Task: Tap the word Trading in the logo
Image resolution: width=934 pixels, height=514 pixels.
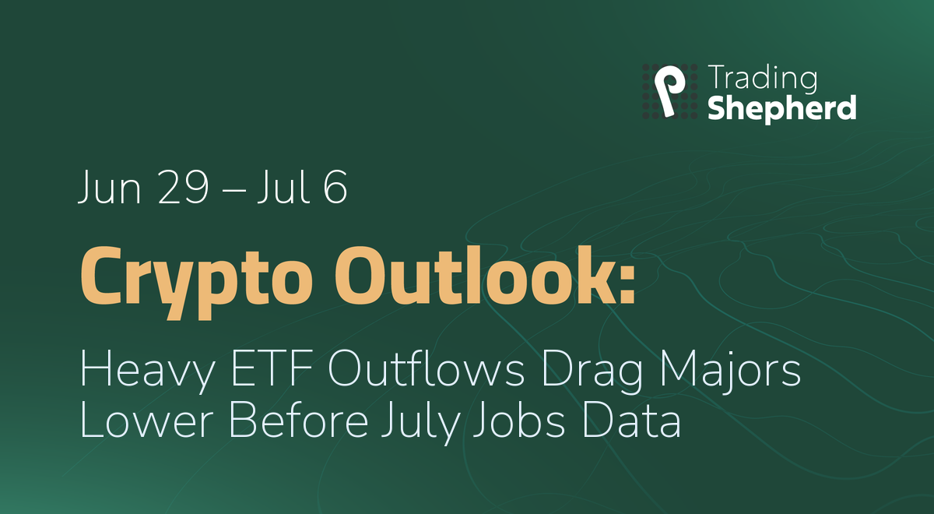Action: (763, 79)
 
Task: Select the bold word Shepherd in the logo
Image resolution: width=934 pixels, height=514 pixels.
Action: (782, 108)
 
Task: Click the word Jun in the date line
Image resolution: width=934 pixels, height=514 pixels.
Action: (109, 188)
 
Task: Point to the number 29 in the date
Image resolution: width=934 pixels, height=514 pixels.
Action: (183, 187)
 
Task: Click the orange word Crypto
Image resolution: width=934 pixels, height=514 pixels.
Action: (196, 283)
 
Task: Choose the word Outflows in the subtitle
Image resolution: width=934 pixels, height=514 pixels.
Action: (426, 368)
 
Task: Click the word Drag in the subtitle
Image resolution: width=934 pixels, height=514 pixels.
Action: (592, 371)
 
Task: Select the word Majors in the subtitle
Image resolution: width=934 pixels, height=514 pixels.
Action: (730, 371)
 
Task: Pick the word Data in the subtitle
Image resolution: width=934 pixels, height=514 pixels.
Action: (632, 420)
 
